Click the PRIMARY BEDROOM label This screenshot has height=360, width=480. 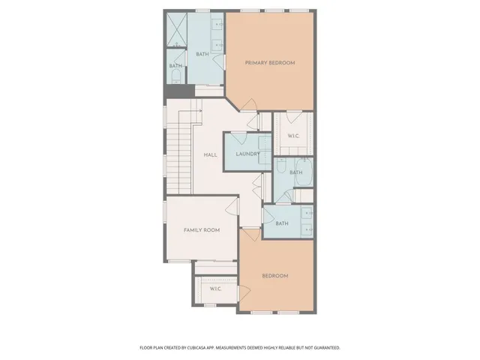click(270, 63)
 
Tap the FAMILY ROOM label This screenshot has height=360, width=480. click(202, 230)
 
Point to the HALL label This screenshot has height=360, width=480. click(211, 155)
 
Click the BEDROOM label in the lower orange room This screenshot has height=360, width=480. click(274, 276)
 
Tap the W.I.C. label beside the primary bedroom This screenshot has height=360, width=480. click(293, 136)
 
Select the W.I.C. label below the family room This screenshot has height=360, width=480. click(214, 289)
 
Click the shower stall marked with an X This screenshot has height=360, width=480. click(176, 31)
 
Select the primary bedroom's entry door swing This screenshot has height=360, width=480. click(250, 107)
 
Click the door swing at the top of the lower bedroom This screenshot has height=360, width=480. click(251, 233)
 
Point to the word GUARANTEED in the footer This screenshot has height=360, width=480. click(324, 348)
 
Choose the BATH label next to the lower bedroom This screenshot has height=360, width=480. click(282, 223)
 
